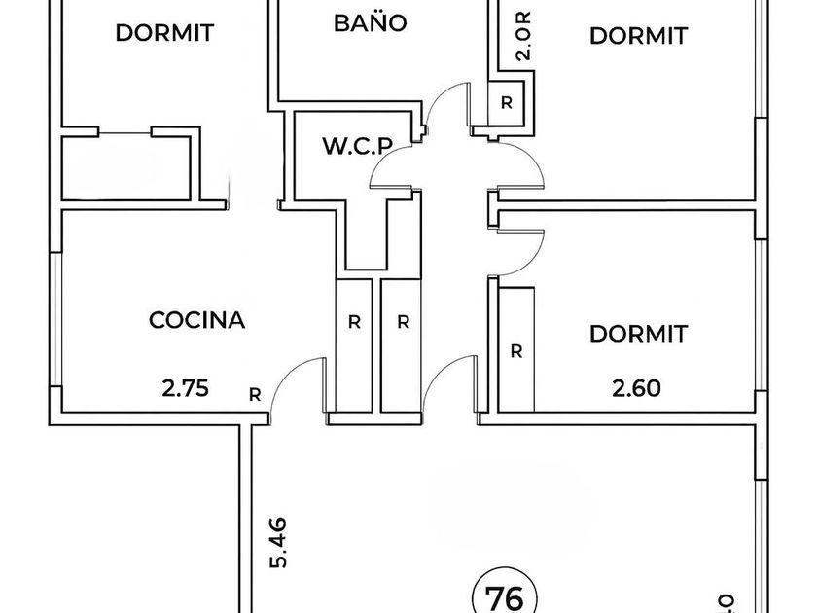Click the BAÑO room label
click(x=370, y=23)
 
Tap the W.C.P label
click(x=358, y=146)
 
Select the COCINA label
click(x=196, y=320)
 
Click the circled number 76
click(x=504, y=597)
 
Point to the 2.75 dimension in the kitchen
click(x=186, y=388)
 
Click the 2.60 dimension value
click(x=636, y=388)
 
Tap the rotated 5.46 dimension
click(x=278, y=542)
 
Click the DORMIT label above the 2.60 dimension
click(x=638, y=334)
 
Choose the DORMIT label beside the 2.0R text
click(x=638, y=36)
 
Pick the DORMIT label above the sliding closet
click(x=164, y=33)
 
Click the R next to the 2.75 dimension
click(x=255, y=396)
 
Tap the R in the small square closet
click(x=507, y=103)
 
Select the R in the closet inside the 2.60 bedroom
click(x=516, y=352)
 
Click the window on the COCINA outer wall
click(x=55, y=319)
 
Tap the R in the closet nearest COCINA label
click(x=354, y=323)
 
